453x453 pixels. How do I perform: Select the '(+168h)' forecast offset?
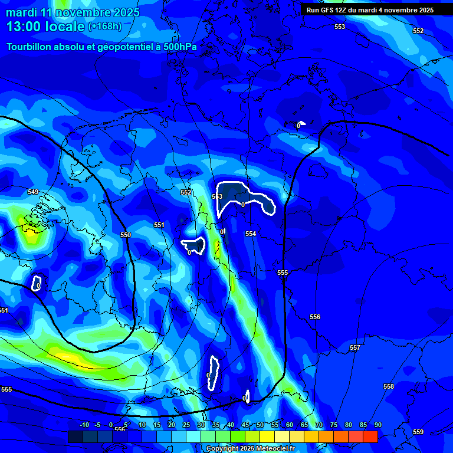point(105,27)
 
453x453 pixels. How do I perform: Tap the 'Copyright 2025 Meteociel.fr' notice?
point(250,448)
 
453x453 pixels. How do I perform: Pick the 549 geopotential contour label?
point(33,192)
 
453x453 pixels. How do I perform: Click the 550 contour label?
point(126,235)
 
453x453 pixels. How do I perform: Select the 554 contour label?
point(251,234)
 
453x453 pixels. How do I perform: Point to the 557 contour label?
point(354,347)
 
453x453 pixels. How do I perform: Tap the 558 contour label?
point(388,386)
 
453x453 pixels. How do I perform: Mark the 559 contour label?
point(418,432)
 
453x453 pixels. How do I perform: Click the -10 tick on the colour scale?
point(84,425)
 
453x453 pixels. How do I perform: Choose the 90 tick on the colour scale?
point(377,425)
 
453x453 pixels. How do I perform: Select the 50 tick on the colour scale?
point(260,425)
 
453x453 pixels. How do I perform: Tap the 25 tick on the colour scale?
point(186,425)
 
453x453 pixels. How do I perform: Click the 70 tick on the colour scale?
point(319,425)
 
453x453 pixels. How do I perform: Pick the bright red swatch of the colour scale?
point(370,436)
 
